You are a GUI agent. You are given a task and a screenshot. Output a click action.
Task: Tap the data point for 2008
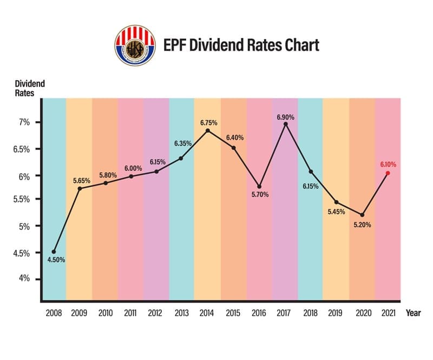(54, 252)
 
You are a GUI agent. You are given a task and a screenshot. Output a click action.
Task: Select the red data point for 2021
(388, 173)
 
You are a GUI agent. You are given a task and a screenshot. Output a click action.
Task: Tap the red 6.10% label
(388, 164)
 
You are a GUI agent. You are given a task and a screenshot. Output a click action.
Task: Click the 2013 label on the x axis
(182, 313)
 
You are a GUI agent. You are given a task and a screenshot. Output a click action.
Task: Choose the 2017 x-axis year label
(285, 313)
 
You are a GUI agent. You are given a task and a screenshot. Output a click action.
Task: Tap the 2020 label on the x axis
(362, 313)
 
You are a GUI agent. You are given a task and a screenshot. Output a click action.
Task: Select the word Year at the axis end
(413, 313)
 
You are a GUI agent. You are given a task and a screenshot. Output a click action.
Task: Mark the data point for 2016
(260, 187)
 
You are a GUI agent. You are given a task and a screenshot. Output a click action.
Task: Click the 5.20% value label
(362, 225)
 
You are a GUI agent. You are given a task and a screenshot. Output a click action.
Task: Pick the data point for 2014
(208, 130)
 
